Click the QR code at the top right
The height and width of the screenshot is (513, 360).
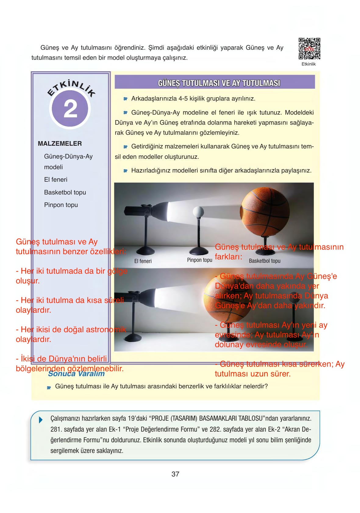[309, 49]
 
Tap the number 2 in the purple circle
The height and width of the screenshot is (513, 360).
[70, 109]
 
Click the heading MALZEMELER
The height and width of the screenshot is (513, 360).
[60, 144]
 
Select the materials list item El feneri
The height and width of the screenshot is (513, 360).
[55, 180]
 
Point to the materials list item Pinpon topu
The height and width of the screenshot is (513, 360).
[61, 205]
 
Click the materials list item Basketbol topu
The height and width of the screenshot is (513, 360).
[65, 192]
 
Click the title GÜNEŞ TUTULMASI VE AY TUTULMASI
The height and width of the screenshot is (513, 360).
[219, 83]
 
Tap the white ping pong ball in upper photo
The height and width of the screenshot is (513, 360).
[198, 211]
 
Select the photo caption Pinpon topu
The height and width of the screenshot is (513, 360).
[199, 260]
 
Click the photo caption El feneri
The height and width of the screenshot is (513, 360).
[143, 261]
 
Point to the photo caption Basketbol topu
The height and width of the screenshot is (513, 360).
[264, 261]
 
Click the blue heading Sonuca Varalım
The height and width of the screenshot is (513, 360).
[76, 374]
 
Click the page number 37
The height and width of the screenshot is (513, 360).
[175, 474]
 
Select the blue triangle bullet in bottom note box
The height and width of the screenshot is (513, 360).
[41, 420]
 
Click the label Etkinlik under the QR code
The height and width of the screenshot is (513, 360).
[308, 64]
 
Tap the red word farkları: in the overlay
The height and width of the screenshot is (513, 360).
[228, 257]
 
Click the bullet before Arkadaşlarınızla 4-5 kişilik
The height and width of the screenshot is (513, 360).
[125, 99]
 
